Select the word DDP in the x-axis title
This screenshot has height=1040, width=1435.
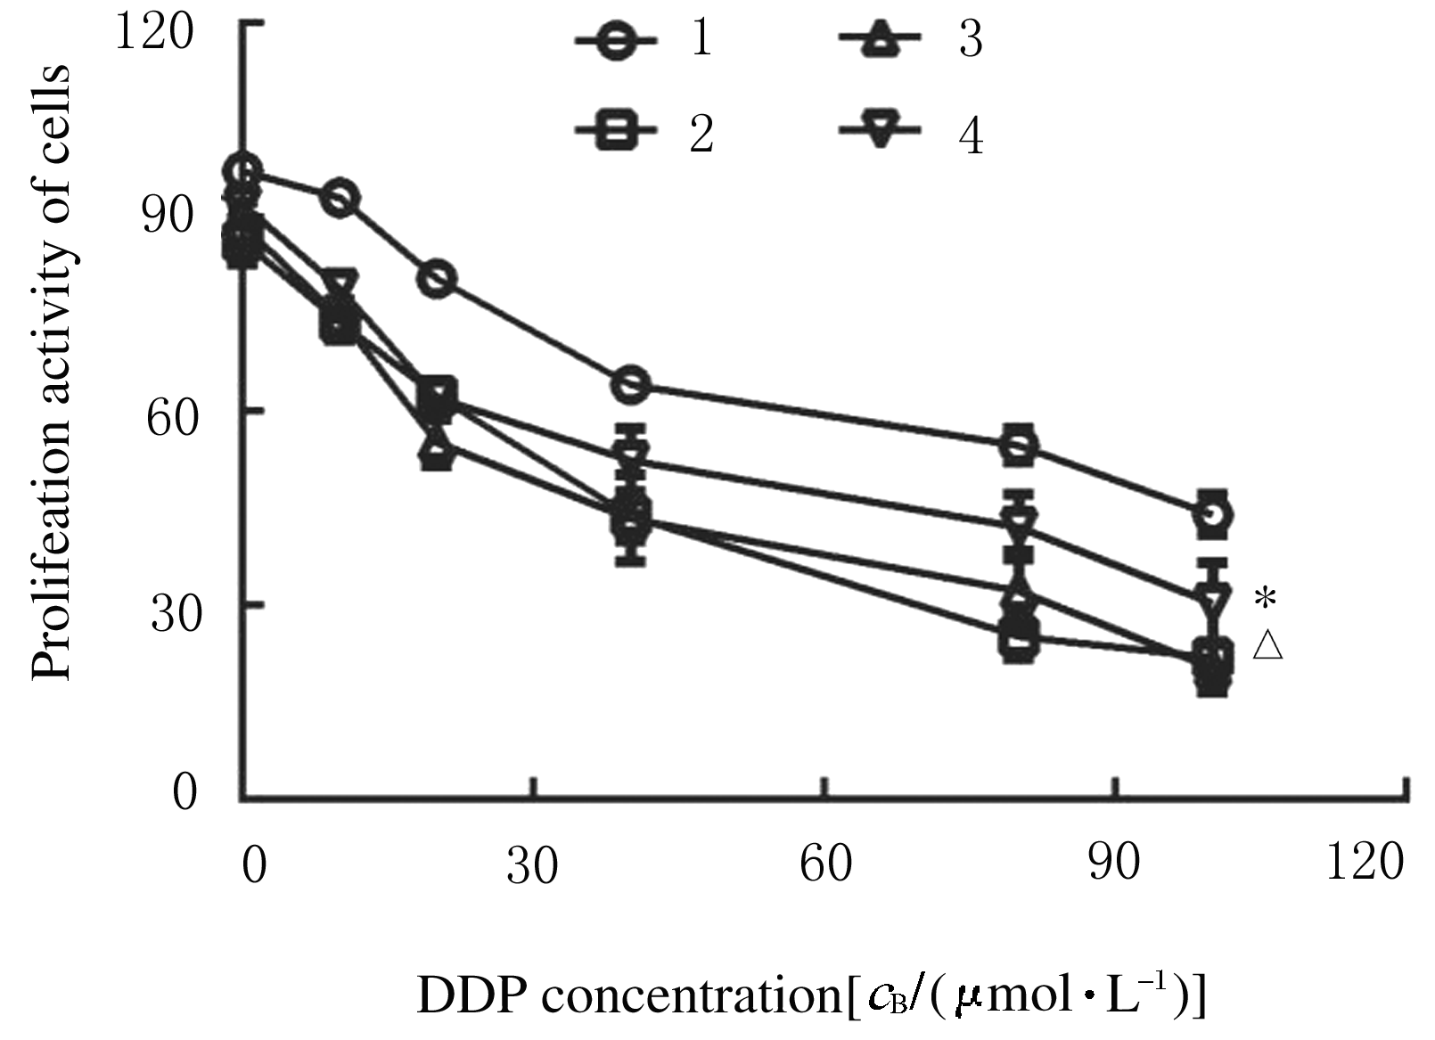coord(468,996)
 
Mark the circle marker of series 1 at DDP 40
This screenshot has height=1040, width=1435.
coord(632,384)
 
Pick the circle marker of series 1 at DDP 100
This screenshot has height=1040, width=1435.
coord(1216,514)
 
